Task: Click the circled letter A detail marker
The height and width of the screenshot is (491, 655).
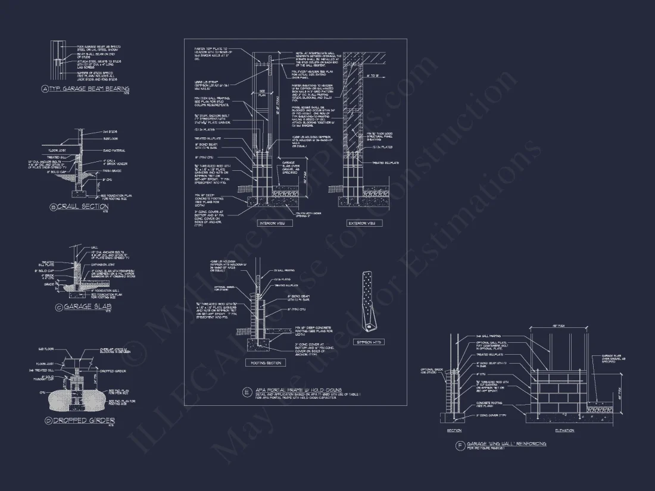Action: pyautogui.click(x=45, y=89)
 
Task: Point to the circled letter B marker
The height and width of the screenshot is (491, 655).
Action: pyautogui.click(x=54, y=207)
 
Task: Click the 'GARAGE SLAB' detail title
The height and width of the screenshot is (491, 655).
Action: pyautogui.click(x=87, y=307)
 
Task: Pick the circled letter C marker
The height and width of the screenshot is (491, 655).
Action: pyautogui.click(x=58, y=308)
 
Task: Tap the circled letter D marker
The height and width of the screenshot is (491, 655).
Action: pyautogui.click(x=48, y=421)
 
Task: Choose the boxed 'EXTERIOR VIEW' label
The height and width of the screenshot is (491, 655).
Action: pyautogui.click(x=361, y=223)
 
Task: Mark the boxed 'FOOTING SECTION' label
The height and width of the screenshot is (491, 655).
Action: pyautogui.click(x=265, y=362)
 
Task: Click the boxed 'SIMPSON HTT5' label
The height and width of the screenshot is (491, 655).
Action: pyautogui.click(x=370, y=342)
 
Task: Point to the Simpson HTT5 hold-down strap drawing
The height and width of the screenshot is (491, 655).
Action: pyautogui.click(x=369, y=301)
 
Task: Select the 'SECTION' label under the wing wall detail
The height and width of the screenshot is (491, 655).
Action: pyautogui.click(x=454, y=430)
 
